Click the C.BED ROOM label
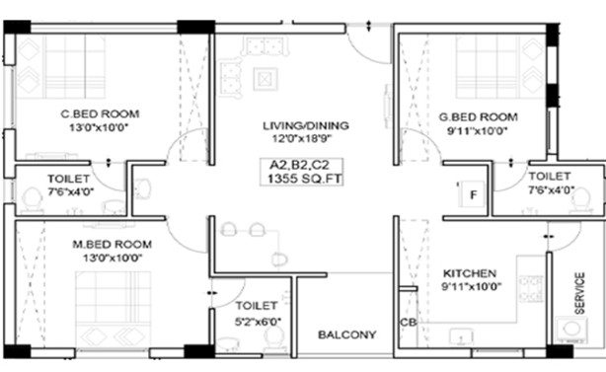coord(100,113)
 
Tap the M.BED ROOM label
coord(113,244)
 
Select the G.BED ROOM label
coord(478,117)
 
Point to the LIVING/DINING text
coord(306,125)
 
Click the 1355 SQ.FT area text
coord(305,179)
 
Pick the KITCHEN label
coord(470,273)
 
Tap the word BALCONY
coord(347,335)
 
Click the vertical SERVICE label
coord(579,293)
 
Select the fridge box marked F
coord(472,194)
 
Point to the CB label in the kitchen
coord(409,322)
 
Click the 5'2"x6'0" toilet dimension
coord(258,321)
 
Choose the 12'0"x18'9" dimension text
coord(302,138)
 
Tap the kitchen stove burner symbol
coord(531,288)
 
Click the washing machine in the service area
coord(571,330)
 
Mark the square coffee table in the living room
coord(265,79)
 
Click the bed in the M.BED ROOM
coord(113,310)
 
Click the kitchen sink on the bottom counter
coord(461,335)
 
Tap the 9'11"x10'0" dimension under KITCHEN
coord(472,286)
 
